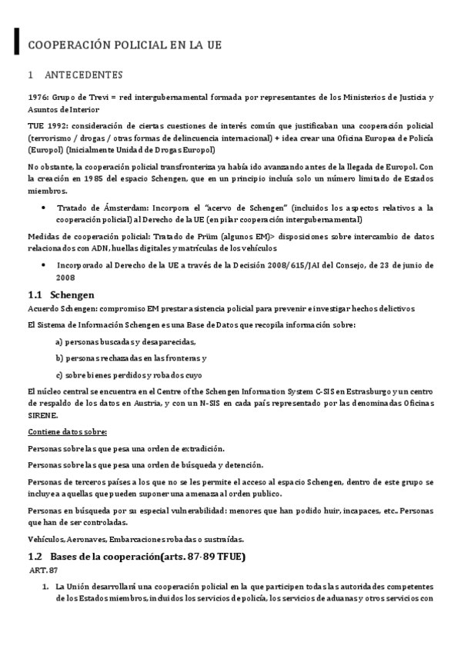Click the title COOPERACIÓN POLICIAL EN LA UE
pos(125,45)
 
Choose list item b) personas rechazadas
pos(132,358)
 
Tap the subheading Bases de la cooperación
pos(146,556)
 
